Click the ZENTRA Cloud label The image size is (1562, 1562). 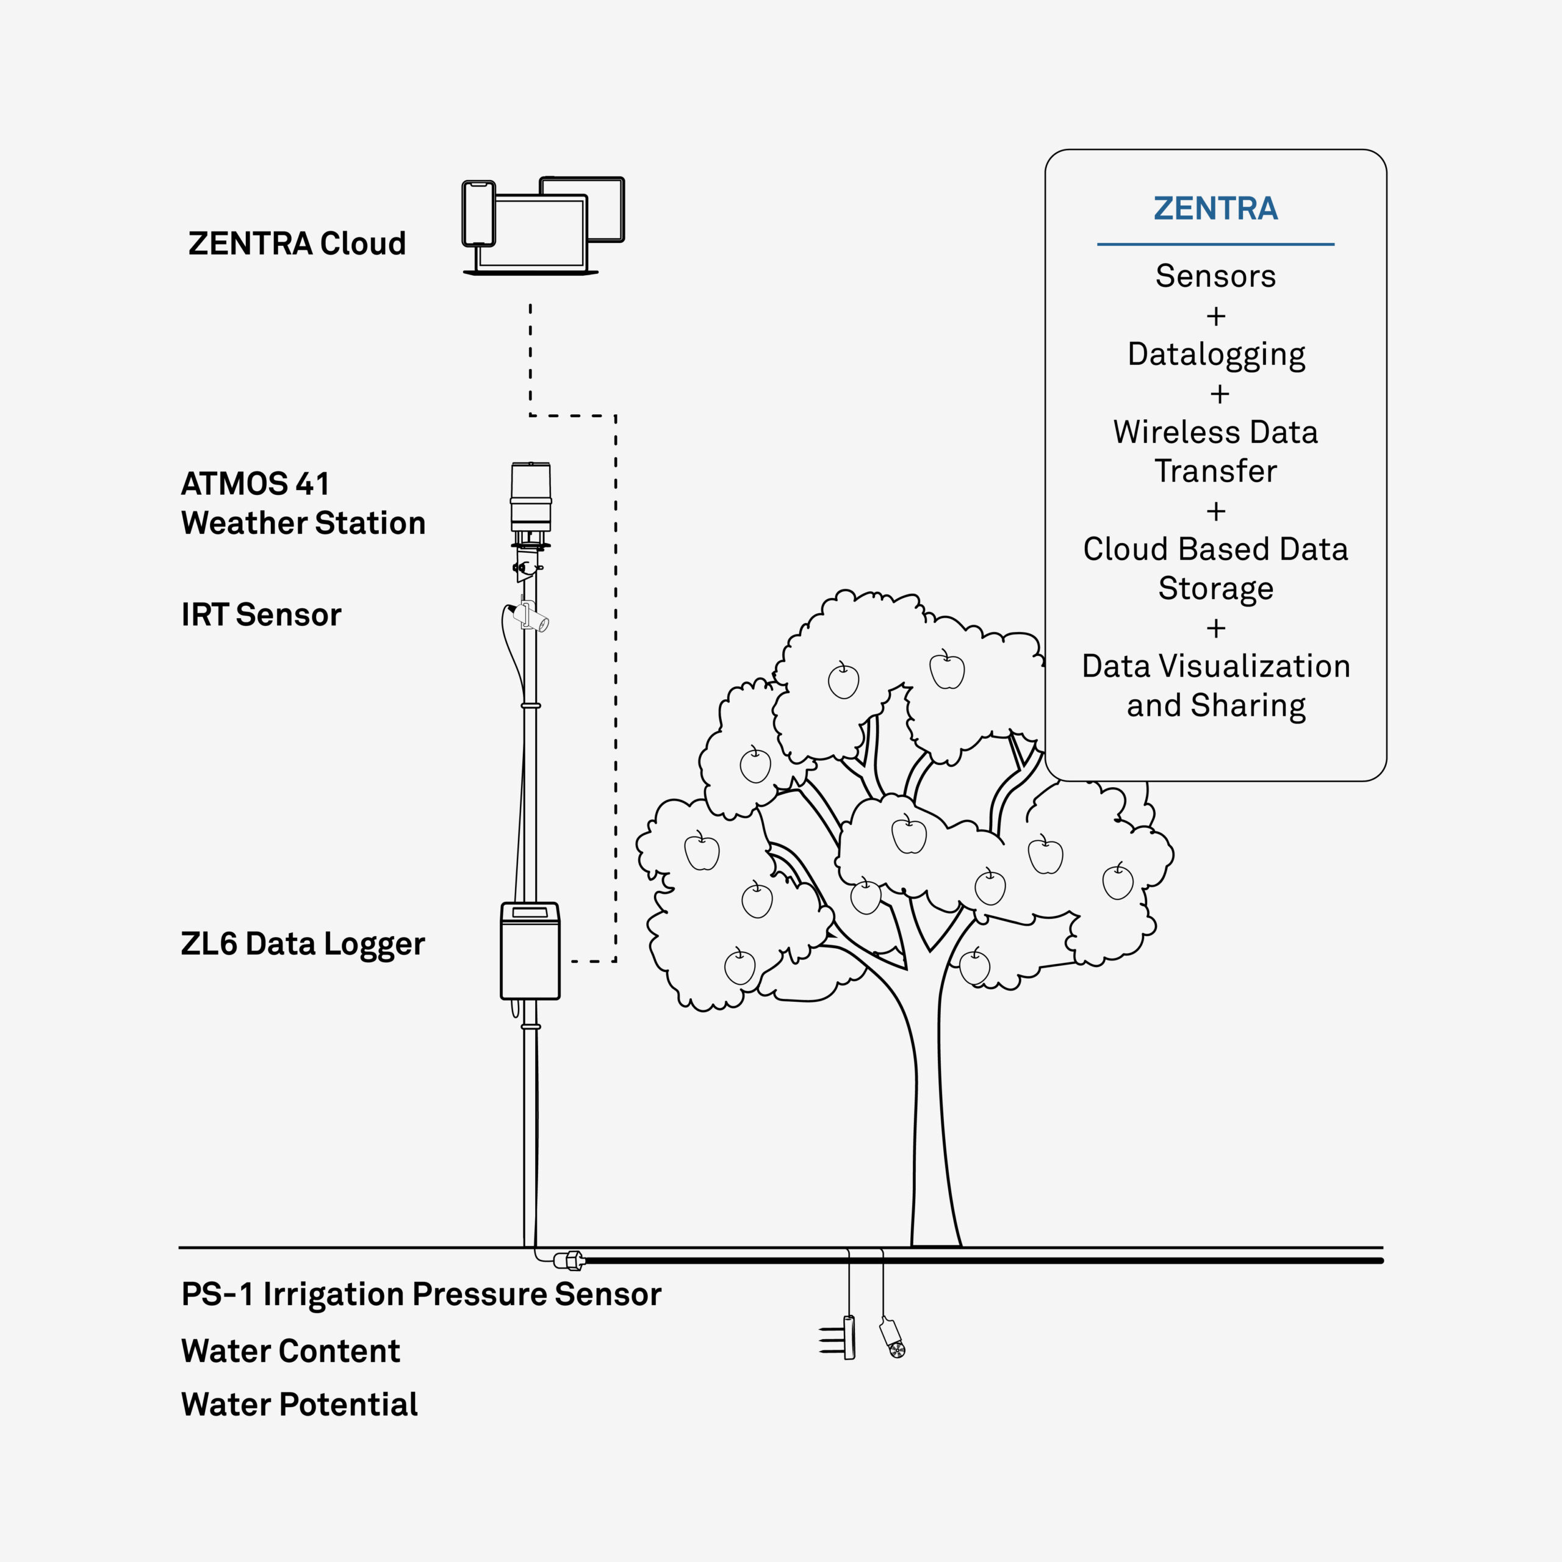click(297, 243)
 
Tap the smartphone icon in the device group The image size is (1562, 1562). click(478, 214)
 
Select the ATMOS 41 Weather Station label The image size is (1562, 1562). click(303, 503)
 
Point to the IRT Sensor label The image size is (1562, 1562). click(261, 614)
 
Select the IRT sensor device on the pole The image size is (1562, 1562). click(530, 617)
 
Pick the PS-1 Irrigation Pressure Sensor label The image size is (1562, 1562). click(421, 1294)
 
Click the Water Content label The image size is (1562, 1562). click(290, 1351)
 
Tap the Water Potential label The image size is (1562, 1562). click(299, 1405)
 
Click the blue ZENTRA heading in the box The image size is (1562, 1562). click(1215, 209)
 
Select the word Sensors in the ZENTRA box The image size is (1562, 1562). click(1215, 276)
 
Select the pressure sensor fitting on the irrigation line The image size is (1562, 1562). click(569, 1259)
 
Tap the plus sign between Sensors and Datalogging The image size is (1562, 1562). click(1216, 316)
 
